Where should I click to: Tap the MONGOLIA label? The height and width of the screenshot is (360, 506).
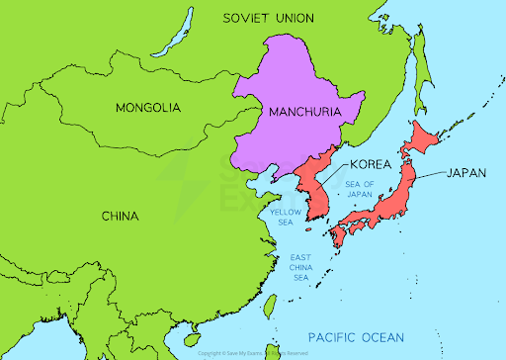click(x=147, y=107)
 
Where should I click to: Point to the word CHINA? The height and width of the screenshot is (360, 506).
click(x=120, y=215)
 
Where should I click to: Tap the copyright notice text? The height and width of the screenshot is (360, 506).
click(x=254, y=353)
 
